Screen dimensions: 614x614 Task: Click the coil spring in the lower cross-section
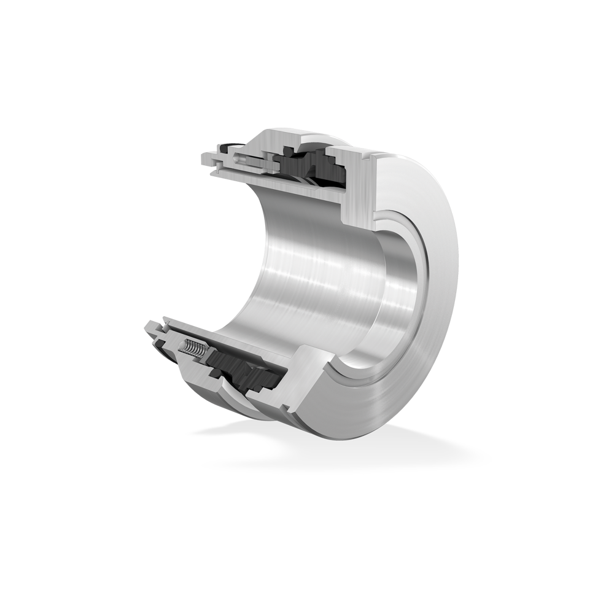tap(193, 349)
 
